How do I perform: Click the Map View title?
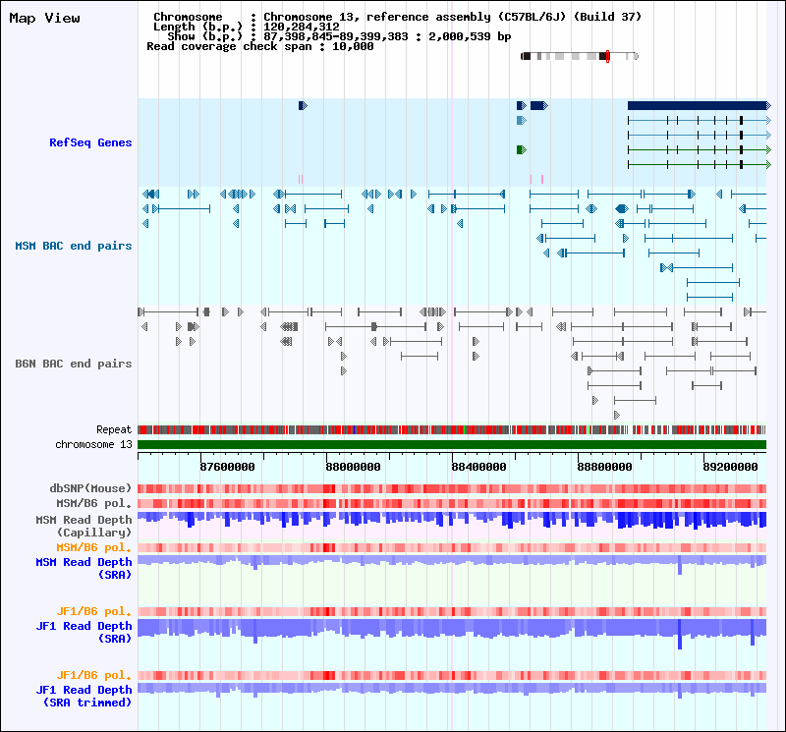(44, 19)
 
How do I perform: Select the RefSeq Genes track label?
(90, 143)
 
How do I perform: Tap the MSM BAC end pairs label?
(73, 246)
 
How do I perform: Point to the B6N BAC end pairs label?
(73, 364)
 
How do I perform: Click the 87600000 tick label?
(227, 467)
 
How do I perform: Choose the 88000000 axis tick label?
(353, 467)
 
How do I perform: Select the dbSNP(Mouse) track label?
(90, 488)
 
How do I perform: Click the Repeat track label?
(114, 430)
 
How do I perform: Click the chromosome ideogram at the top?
(580, 56)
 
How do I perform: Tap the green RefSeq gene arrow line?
(698, 149)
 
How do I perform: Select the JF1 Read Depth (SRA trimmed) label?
(84, 696)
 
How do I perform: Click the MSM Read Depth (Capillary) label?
(84, 526)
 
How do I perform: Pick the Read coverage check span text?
(259, 46)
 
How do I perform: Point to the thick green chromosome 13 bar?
(452, 444)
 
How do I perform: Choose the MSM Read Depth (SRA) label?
(84, 568)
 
